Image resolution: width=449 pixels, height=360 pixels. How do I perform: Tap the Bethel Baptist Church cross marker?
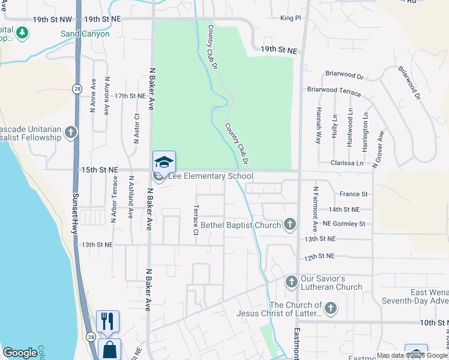pyautogui.click(x=290, y=225)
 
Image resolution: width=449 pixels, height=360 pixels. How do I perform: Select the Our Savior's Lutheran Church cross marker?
pyautogui.click(x=291, y=281)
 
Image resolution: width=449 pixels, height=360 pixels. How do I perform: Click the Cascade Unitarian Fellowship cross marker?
pyautogui.click(x=71, y=132)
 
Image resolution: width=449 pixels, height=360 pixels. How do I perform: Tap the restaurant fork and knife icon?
pyautogui.click(x=107, y=321)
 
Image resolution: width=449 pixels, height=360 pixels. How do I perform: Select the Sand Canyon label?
pyautogui.click(x=85, y=34)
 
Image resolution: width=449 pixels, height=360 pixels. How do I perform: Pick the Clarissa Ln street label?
pyautogui.click(x=347, y=163)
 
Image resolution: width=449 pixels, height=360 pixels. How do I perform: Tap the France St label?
pyautogui.click(x=353, y=194)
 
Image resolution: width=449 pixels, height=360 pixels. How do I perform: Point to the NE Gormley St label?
pyautogui.click(x=343, y=224)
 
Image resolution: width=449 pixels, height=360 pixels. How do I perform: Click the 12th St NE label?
pyautogui.click(x=319, y=256)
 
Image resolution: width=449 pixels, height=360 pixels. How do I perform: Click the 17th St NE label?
pyautogui.click(x=130, y=95)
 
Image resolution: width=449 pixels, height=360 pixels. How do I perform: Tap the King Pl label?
pyautogui.click(x=291, y=19)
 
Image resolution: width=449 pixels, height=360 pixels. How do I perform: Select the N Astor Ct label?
pyautogui.click(x=137, y=128)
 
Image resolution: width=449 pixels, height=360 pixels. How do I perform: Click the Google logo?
pyautogui.click(x=20, y=353)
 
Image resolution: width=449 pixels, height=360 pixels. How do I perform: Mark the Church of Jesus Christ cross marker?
pyautogui.click(x=330, y=308)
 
